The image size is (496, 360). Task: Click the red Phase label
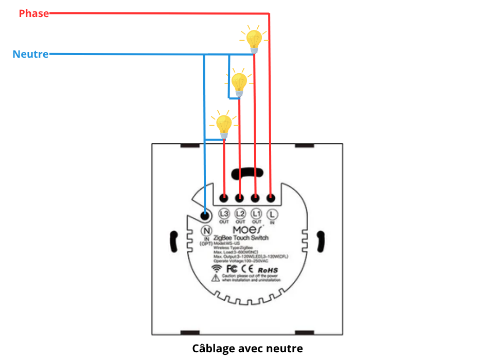tap(34, 13)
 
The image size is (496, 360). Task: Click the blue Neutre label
tap(31, 54)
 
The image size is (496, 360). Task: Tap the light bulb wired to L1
tap(254, 39)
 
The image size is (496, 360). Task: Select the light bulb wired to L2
tap(239, 82)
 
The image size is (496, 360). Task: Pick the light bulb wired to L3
tap(224, 125)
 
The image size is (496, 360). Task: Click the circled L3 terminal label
tap(224, 213)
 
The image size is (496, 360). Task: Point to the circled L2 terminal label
tap(240, 213)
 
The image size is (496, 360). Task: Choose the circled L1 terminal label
tap(256, 213)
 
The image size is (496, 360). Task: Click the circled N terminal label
tap(206, 230)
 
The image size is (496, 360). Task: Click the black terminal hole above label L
tap(271, 197)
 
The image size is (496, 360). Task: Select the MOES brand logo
tap(248, 228)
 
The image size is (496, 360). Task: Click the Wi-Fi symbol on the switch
tap(216, 268)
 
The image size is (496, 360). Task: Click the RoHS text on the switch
tap(268, 269)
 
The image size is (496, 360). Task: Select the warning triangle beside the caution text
tap(216, 278)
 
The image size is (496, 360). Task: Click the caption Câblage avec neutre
tap(247, 349)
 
